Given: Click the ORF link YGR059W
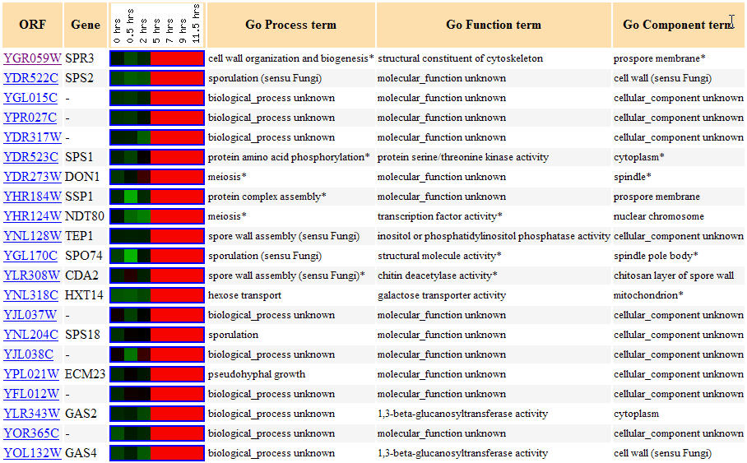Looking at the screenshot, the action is click(32, 58).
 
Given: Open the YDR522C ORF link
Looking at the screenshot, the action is click(31, 78).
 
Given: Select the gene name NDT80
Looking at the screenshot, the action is click(84, 216).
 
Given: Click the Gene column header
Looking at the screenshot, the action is click(86, 25).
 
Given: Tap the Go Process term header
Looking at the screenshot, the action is click(290, 25).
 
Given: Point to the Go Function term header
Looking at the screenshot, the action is click(494, 25).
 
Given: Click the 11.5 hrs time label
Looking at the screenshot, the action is click(196, 24).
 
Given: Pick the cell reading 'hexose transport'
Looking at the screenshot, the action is click(245, 295).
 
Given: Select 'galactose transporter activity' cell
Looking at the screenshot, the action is click(442, 295).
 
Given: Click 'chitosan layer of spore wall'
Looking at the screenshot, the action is click(674, 275).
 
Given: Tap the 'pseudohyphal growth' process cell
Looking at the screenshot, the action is click(257, 374).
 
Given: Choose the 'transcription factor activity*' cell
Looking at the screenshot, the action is click(439, 216).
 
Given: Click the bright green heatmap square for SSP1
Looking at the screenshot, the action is click(131, 197).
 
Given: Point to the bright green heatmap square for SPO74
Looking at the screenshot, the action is click(131, 256).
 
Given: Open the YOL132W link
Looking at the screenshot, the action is click(32, 453).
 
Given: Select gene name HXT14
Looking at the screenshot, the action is click(84, 295).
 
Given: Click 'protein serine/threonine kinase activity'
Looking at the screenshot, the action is click(463, 157).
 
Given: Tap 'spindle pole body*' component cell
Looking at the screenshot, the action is click(656, 256).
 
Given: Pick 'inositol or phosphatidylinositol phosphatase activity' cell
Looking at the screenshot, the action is click(494, 236).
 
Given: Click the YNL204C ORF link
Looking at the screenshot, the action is click(31, 335).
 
